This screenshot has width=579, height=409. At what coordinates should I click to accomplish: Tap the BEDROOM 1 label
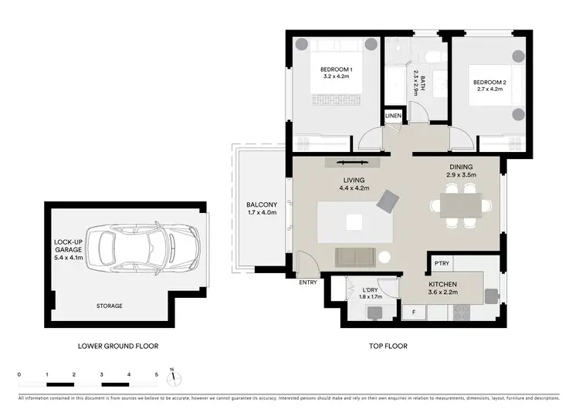(x=337, y=70)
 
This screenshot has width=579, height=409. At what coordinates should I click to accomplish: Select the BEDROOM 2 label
(x=489, y=83)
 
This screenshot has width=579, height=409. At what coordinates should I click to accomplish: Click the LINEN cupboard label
(x=394, y=116)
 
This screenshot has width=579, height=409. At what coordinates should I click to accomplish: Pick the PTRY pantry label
(x=441, y=263)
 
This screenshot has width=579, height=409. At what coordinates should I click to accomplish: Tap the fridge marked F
(x=413, y=311)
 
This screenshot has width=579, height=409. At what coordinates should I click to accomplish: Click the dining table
(x=461, y=204)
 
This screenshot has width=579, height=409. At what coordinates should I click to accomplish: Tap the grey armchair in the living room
(x=387, y=202)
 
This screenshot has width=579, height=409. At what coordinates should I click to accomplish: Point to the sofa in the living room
(x=355, y=255)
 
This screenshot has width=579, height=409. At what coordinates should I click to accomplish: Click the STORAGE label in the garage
(x=109, y=306)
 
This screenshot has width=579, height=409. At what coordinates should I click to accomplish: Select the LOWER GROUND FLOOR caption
(x=118, y=346)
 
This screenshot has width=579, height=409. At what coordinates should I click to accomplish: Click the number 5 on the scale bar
(x=157, y=374)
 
